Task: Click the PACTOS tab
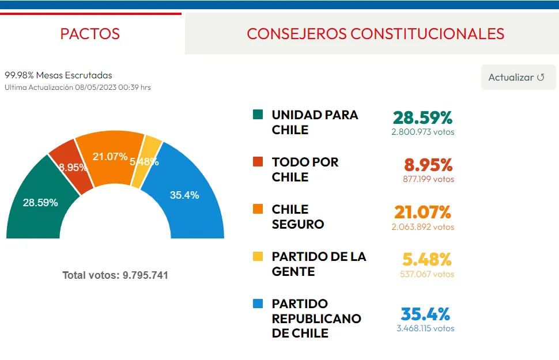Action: [x=90, y=33]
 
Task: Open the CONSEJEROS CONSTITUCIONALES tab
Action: [x=375, y=33]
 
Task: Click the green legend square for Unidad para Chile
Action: [x=258, y=115]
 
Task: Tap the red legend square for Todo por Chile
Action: [x=258, y=162]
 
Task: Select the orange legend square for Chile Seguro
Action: [x=258, y=209]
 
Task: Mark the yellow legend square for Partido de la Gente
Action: [x=258, y=256]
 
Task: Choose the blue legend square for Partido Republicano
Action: [x=258, y=304]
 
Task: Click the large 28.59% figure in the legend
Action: [x=422, y=118]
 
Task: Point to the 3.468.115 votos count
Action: [x=425, y=328]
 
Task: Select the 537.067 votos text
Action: [x=427, y=274]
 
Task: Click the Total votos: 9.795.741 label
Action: [x=115, y=275]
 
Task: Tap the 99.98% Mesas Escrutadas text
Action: [x=58, y=75]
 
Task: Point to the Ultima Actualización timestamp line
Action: [x=78, y=88]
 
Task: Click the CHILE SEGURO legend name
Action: [x=298, y=217]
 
